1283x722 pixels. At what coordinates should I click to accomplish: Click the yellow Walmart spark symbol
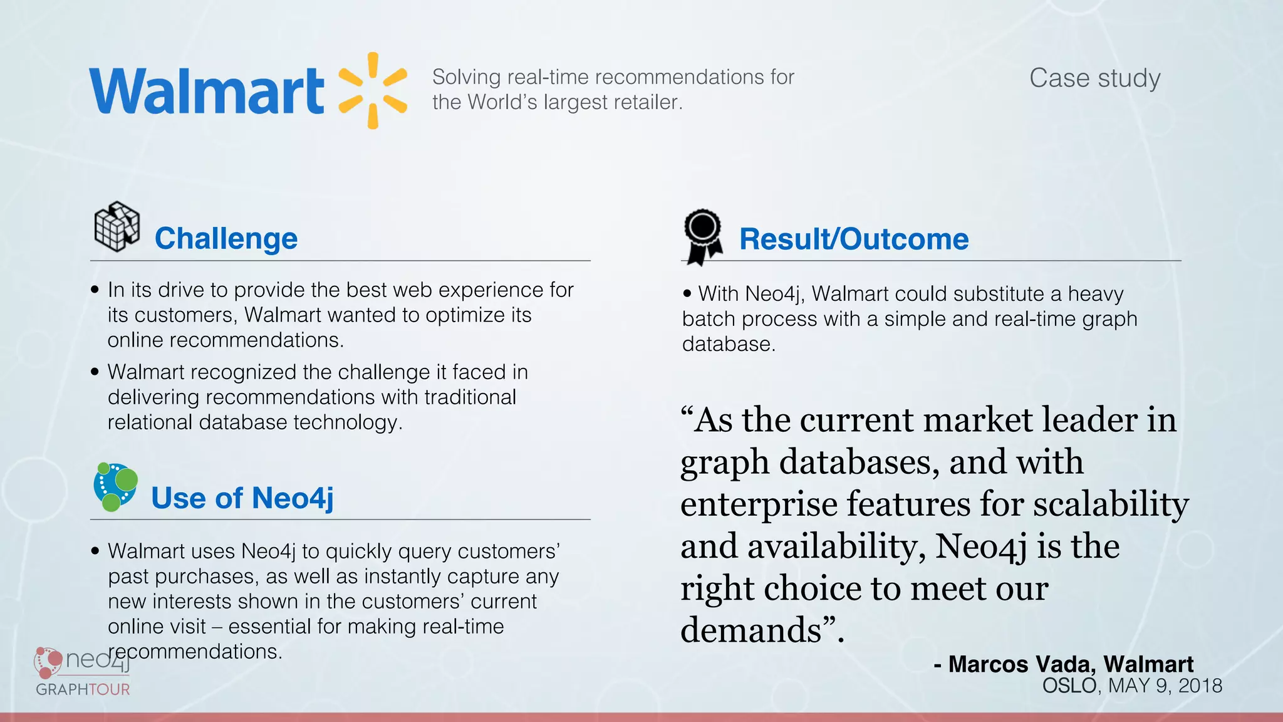tap(373, 91)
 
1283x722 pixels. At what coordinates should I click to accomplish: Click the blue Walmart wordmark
tap(207, 92)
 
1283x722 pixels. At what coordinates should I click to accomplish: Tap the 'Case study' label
tap(1094, 78)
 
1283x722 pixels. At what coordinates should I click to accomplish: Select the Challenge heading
tap(226, 239)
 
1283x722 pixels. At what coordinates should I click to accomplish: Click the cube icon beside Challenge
tap(117, 226)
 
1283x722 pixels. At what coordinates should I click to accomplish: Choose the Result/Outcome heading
tap(854, 239)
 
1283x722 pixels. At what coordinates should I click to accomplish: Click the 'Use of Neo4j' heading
tap(242, 498)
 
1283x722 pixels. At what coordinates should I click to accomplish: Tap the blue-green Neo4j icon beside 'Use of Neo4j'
tap(115, 487)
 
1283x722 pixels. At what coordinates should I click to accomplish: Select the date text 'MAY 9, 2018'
tap(1165, 686)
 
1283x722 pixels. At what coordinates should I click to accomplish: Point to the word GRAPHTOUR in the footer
tap(83, 689)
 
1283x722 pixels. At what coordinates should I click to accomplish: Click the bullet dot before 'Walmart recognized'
tap(95, 372)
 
